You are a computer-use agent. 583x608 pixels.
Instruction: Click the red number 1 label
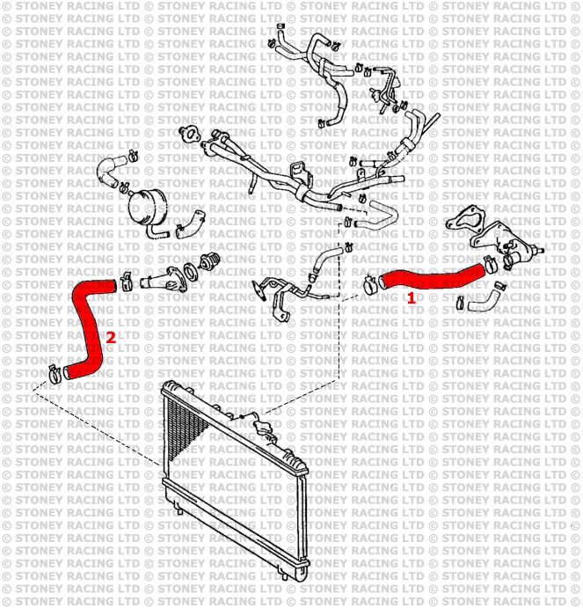tap(410, 298)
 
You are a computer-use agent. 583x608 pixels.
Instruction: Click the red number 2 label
tap(110, 336)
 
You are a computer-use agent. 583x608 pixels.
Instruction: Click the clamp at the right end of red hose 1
tap(489, 260)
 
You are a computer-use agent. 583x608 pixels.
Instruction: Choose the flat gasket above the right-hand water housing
tap(463, 221)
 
